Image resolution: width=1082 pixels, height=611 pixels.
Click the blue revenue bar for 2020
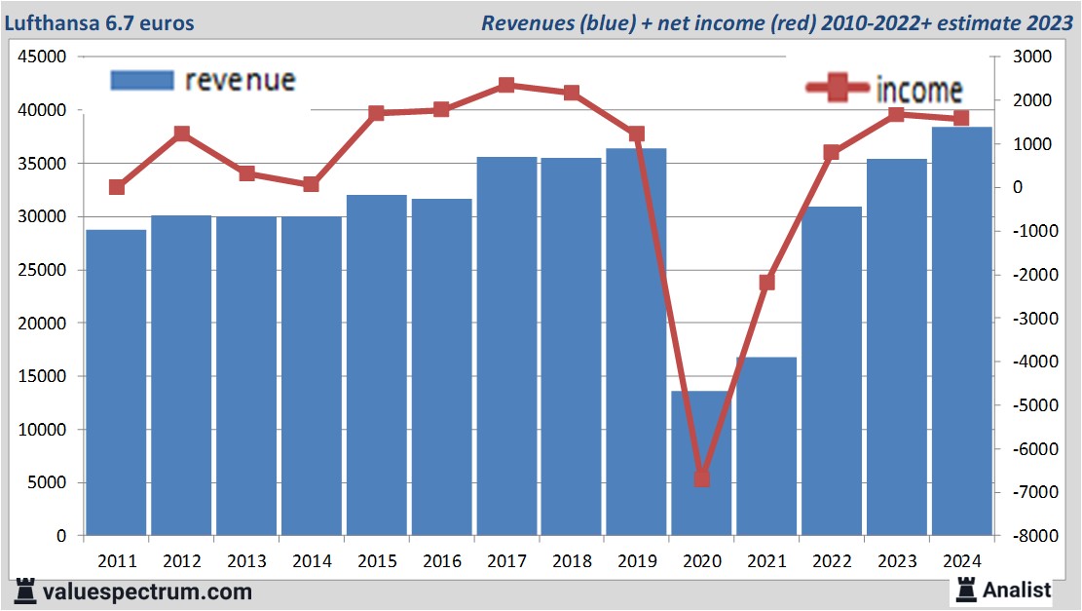[x=701, y=463]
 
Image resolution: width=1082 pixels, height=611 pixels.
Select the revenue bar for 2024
[x=961, y=331]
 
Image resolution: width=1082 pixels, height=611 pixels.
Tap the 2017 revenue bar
[x=506, y=346]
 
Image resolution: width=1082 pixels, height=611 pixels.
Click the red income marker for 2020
[x=702, y=478]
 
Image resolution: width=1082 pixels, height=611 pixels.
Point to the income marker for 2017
[x=506, y=86]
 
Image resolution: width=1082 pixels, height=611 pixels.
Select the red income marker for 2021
[x=767, y=283]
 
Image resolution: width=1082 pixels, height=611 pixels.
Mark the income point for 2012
[x=181, y=134]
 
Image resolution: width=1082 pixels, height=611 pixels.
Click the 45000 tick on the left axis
[x=43, y=57]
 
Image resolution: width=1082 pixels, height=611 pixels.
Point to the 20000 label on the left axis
[x=43, y=324]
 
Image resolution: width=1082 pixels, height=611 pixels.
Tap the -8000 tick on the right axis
[x=1029, y=536]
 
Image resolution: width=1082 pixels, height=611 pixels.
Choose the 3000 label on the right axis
[x=1033, y=57]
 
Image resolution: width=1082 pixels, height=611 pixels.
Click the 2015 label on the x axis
[x=377, y=561]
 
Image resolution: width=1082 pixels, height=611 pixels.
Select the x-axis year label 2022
[x=832, y=561]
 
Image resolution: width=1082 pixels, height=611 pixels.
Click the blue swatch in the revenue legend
[x=142, y=81]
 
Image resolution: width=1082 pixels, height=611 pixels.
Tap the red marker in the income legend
[x=837, y=89]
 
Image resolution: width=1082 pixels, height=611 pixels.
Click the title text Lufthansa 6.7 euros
[x=96, y=22]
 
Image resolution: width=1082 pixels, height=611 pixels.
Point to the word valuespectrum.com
[x=147, y=592]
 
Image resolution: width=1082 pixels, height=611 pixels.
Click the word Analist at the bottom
[x=1017, y=590]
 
